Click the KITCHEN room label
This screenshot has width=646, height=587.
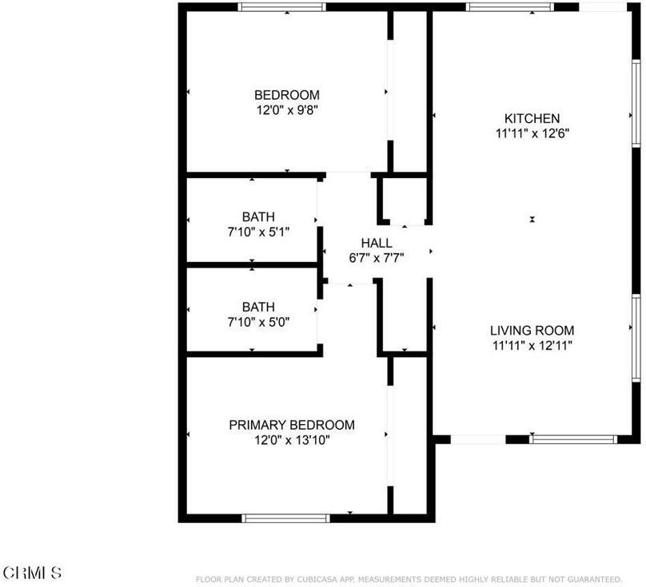[x=532, y=118]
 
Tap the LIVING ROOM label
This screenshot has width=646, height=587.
[x=532, y=330]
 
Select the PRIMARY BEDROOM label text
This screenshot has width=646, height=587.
[x=292, y=425]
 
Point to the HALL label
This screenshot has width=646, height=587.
[x=376, y=243]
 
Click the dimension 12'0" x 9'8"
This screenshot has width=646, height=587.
[x=287, y=109]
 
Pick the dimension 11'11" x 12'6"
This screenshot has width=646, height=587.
[x=532, y=133]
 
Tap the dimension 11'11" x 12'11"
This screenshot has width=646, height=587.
[x=532, y=345]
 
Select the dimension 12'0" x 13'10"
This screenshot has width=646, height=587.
[x=292, y=439]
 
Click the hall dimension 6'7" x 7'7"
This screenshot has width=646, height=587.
[x=376, y=257]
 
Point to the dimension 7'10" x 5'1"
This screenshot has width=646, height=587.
[x=258, y=232]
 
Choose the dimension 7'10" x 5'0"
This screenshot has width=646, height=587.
[x=258, y=322]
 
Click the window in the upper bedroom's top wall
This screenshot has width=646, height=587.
[x=282, y=7]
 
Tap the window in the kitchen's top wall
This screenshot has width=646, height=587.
[x=509, y=7]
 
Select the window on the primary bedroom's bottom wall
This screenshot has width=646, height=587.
[x=285, y=518]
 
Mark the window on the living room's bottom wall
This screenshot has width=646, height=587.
[x=573, y=438]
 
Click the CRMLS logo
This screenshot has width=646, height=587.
[x=32, y=572]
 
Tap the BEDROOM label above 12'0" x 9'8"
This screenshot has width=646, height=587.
[x=287, y=94]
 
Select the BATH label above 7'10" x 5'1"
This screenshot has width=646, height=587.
[x=258, y=216]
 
